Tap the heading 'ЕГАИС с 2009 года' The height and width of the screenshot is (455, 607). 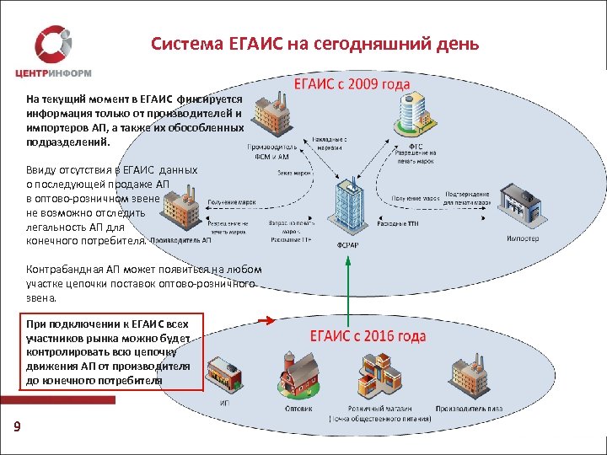pyautogui.click(x=352, y=85)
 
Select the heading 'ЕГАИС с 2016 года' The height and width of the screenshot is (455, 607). pyautogui.click(x=368, y=335)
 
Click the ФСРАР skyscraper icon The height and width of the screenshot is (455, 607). pyautogui.click(x=346, y=206)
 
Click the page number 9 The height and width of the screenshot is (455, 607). pyautogui.click(x=17, y=428)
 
